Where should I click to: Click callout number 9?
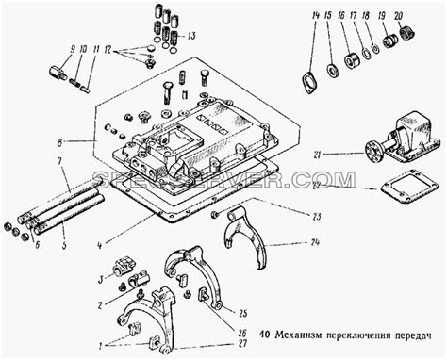[73, 48]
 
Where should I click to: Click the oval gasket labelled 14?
[306, 79]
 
